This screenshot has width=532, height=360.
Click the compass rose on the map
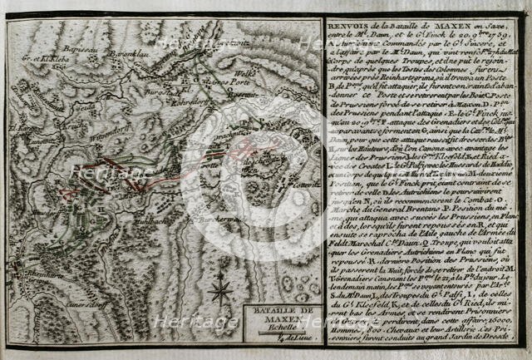220,292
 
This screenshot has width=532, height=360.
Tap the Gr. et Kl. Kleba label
46,59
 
